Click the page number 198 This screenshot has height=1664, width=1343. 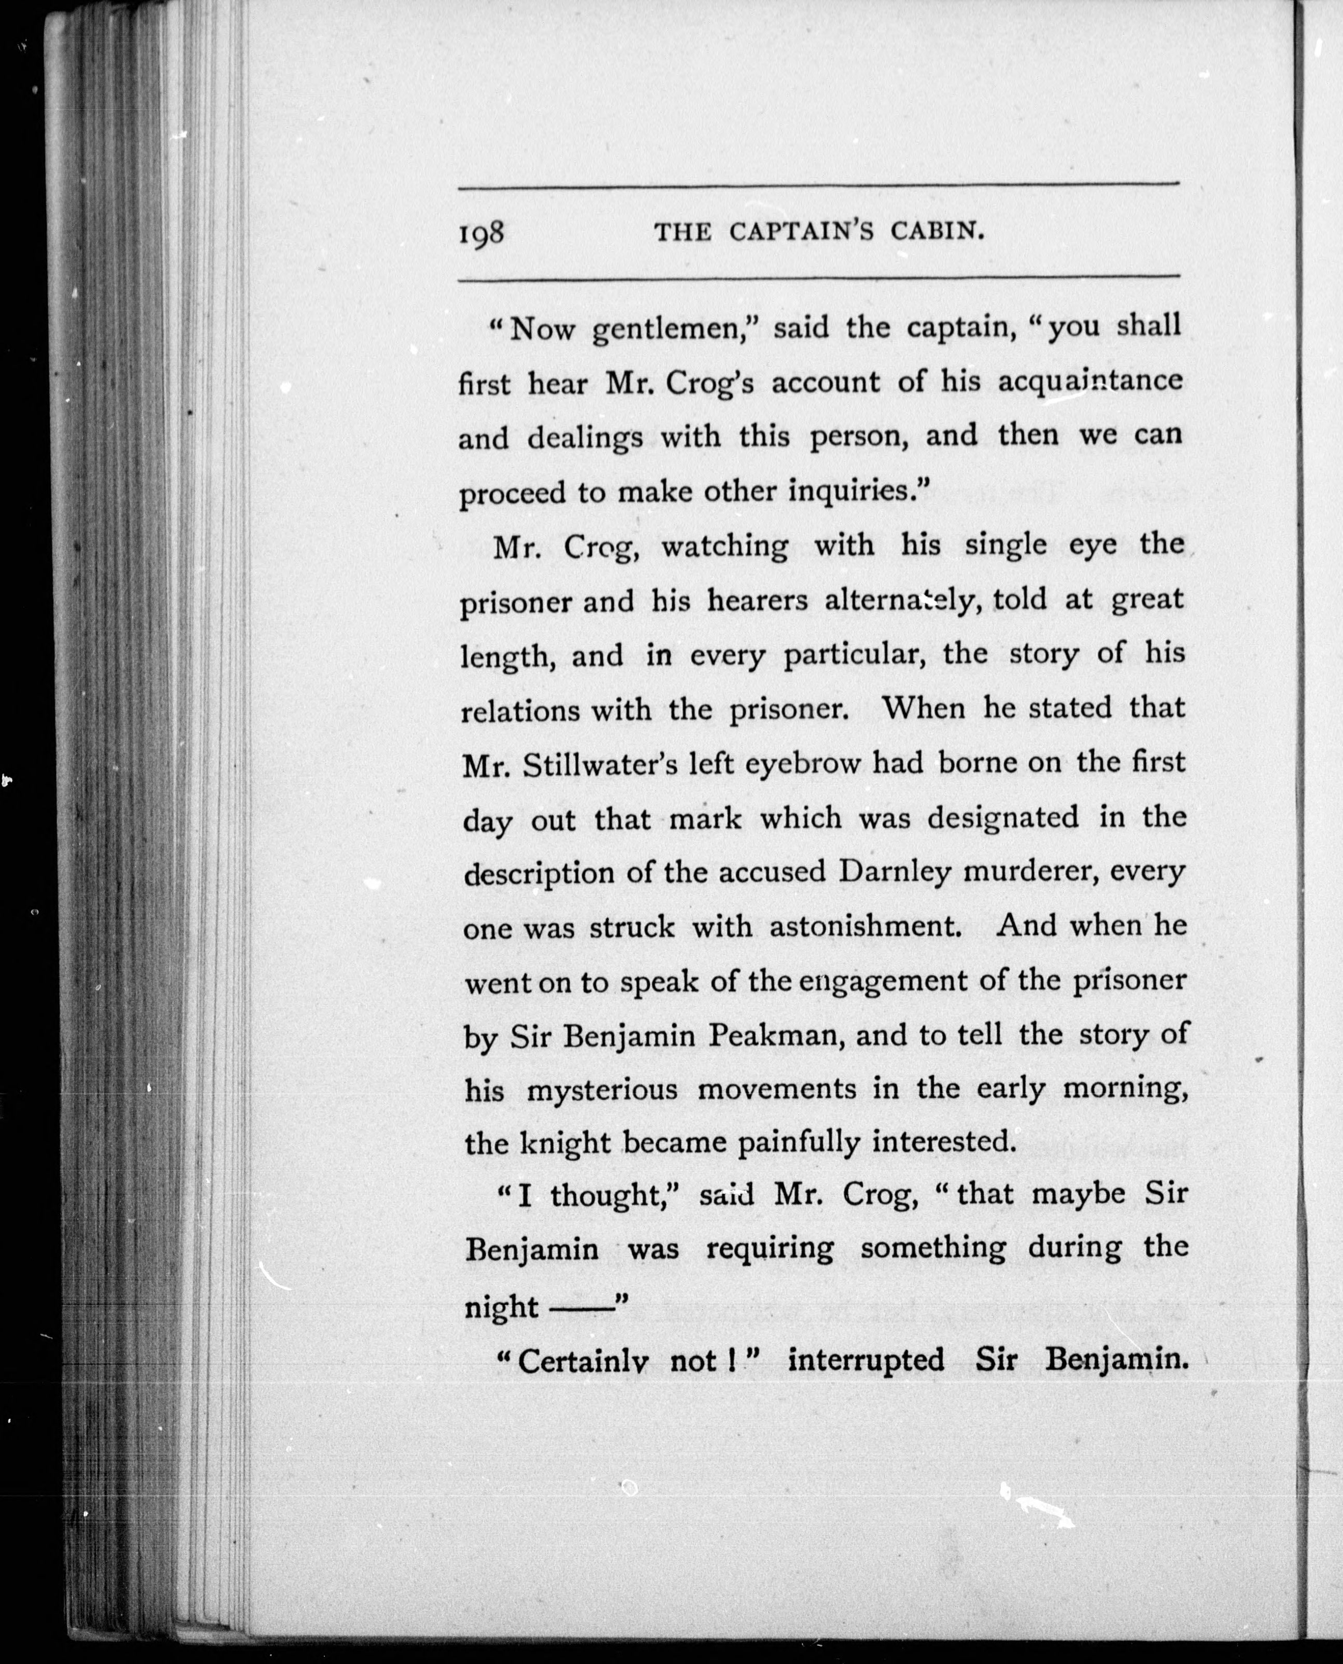pyautogui.click(x=481, y=232)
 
